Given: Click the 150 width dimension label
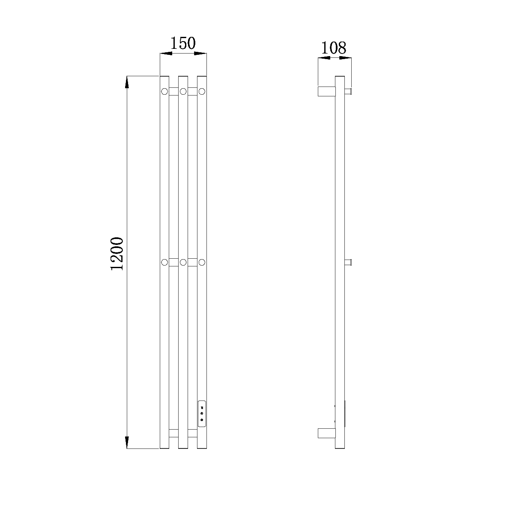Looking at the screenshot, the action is click(x=183, y=43).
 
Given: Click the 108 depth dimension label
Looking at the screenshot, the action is click(x=333, y=48).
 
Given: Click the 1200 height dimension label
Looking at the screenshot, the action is click(x=117, y=254).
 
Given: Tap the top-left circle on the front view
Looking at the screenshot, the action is click(x=164, y=92).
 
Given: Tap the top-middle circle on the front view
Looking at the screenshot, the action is click(x=183, y=92).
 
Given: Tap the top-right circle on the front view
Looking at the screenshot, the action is click(x=202, y=92).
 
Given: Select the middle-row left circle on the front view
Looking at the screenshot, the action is click(x=164, y=262).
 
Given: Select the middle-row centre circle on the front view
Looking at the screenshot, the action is click(x=183, y=262).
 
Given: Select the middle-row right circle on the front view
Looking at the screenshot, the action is click(x=202, y=262).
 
